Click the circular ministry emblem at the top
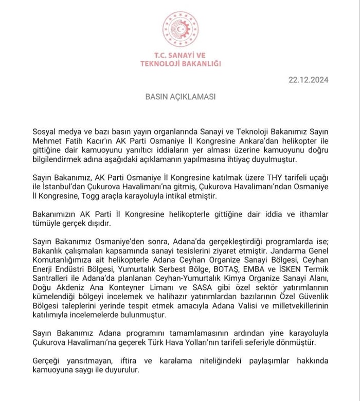(x=180, y=29)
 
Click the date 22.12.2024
(x=308, y=80)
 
